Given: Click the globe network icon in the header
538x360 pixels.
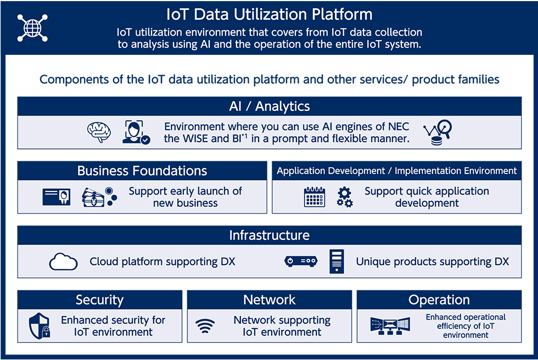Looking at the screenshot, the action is pos(32,28).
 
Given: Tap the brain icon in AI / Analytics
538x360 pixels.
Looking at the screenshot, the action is pos(99,132).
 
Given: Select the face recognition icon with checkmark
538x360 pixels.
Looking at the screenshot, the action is pos(136,132).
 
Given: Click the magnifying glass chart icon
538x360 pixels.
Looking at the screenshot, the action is pos(438,132).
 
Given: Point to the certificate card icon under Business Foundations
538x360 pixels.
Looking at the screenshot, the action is pos(56,197).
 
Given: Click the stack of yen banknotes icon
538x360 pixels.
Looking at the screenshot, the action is pos(99,197).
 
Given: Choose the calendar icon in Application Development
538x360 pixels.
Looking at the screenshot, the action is pos(314,197).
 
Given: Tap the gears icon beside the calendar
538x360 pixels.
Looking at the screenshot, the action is pos(345,197).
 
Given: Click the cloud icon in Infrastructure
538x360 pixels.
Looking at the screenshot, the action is pos(63,262).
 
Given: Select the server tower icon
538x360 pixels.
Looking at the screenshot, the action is pos(337,261).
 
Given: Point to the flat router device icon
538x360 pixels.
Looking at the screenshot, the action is pos(301,261).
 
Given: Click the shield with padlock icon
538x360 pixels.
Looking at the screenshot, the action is pos(40,326).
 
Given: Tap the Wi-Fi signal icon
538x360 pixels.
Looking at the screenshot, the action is pos(205,326).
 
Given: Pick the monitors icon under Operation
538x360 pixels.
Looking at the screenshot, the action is pos(390,326).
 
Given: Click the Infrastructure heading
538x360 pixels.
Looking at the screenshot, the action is pos(270,235).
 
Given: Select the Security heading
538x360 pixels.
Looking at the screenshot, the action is pos(99,300).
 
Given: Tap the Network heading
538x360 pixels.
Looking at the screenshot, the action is pos(270,300).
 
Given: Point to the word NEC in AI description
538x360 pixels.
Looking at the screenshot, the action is pos(399,127).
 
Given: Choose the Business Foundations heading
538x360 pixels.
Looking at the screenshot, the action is pos(142,171).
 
